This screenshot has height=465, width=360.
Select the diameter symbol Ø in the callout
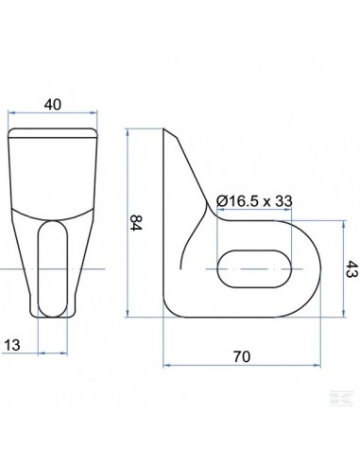click(222, 201)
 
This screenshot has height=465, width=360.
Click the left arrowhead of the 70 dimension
click(165, 364)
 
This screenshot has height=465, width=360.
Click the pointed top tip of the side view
click(168, 130)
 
